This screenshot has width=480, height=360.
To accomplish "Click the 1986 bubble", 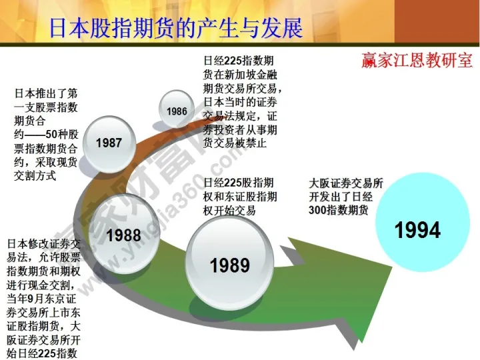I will [177, 111].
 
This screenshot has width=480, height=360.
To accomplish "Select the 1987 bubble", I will [109, 142].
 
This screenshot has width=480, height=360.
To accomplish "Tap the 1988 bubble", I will [123, 235].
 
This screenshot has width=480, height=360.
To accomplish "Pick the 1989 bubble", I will [229, 265].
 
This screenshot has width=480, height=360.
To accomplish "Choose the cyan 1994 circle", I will [417, 230].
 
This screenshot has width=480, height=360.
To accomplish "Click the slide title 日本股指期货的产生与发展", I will [176, 28].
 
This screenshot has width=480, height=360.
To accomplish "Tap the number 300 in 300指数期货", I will [320, 209].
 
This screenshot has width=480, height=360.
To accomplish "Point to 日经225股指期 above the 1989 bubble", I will [239, 183].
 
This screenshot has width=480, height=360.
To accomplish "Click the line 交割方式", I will [37, 176].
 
